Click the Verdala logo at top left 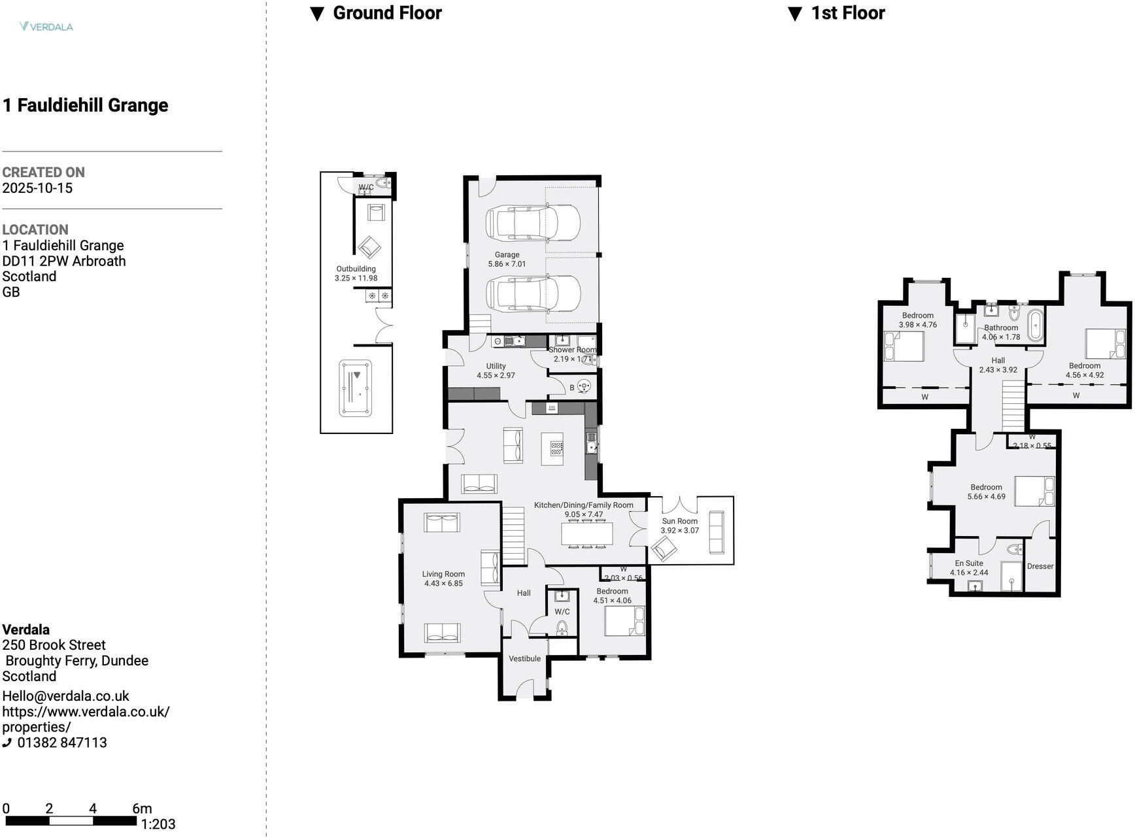pos(46,27)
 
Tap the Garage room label pos(507,255)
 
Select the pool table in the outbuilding pos(356,388)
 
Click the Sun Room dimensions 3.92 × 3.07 pos(679,531)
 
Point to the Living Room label pos(443,574)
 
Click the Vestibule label pos(524,658)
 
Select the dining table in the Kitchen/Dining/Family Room pos(587,534)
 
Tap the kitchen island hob pos(556,448)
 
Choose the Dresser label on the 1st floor pos(1040,566)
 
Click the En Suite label pos(968,563)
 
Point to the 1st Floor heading pos(847,13)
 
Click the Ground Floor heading pos(387,13)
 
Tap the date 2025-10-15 pos(37,188)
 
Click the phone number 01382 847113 pos(62,743)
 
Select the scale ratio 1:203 pos(158,824)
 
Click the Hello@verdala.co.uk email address pos(65,696)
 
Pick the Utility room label pos(496,366)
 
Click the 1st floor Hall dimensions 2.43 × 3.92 pos(998,370)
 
